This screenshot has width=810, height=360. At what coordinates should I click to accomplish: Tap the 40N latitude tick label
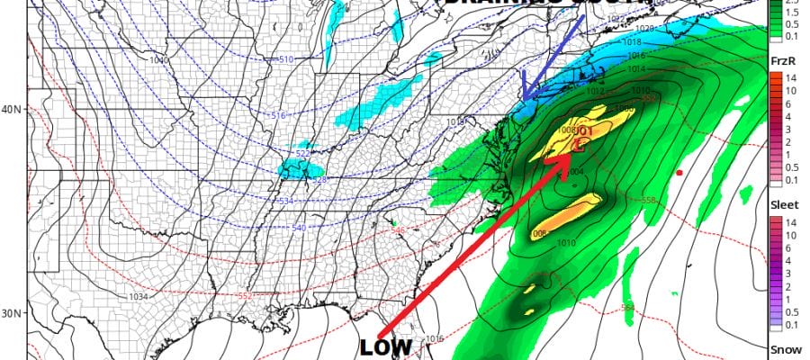(12, 110)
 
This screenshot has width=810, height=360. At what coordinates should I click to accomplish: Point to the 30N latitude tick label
(12, 314)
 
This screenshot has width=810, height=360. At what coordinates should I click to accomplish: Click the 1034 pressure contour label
(138, 297)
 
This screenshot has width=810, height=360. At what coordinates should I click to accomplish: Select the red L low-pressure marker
(578, 142)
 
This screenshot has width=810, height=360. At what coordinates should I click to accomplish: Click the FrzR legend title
(781, 58)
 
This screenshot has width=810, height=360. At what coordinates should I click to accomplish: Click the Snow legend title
(780, 349)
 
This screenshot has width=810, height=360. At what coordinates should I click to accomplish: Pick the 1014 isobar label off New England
(637, 68)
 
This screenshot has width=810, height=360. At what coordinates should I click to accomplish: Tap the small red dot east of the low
(679, 172)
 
